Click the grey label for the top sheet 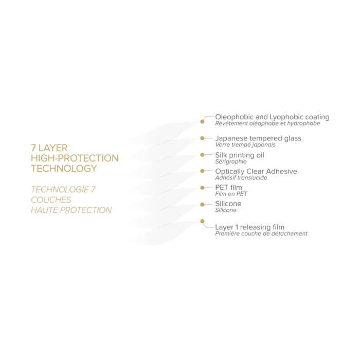pyautogui.click(x=270, y=119)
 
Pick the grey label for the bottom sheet pyautogui.click(x=260, y=230)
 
